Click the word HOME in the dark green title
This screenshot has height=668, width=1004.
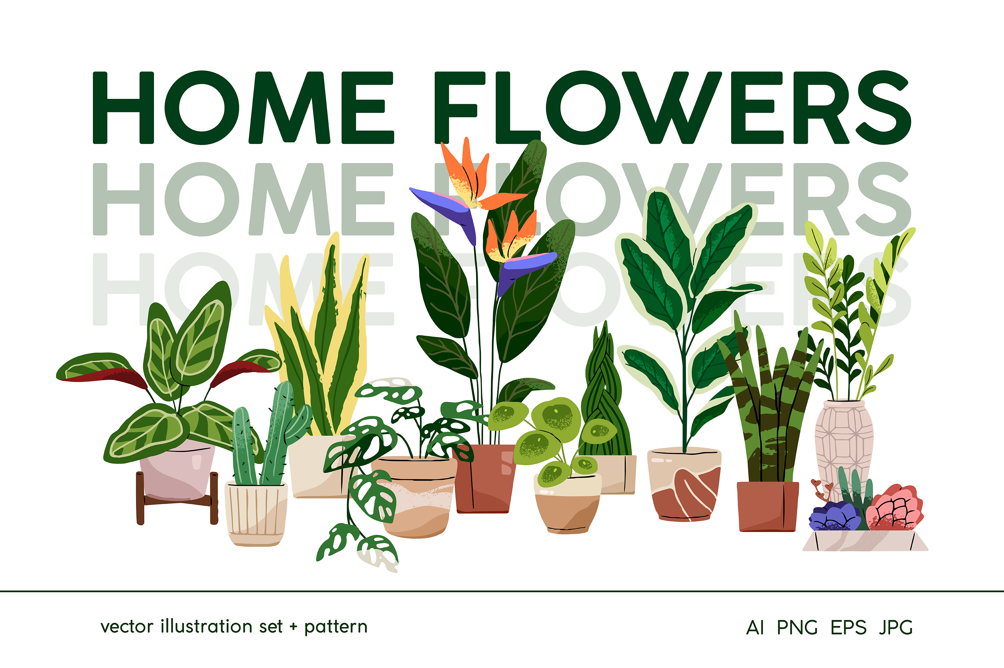243,108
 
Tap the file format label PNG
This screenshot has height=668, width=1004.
797,628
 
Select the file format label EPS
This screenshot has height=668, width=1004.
848,628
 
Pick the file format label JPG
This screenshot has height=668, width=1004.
895,628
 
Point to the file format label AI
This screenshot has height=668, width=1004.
755,628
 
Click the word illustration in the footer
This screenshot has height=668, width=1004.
221,627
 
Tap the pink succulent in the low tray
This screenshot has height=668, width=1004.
895,509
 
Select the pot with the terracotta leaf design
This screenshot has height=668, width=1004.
684,486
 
